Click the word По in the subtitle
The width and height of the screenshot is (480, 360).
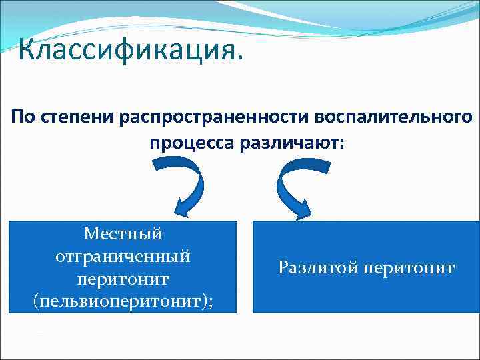point(24,117)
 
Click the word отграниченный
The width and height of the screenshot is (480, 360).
point(123,255)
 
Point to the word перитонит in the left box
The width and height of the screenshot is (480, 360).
point(123,277)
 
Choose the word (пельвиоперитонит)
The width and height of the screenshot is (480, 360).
point(119,300)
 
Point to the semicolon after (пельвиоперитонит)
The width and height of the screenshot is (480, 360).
point(211,301)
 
